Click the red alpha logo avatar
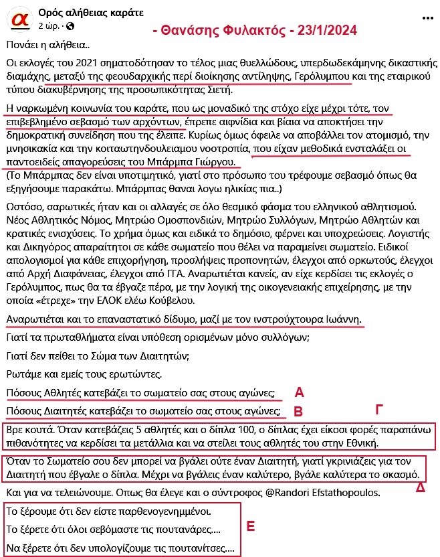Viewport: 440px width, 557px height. pos(20,20)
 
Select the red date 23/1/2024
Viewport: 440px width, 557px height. pos(324,30)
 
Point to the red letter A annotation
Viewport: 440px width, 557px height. pos(299,392)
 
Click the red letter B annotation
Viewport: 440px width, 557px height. pos(299,410)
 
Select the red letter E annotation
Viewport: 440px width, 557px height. pos(251,526)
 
